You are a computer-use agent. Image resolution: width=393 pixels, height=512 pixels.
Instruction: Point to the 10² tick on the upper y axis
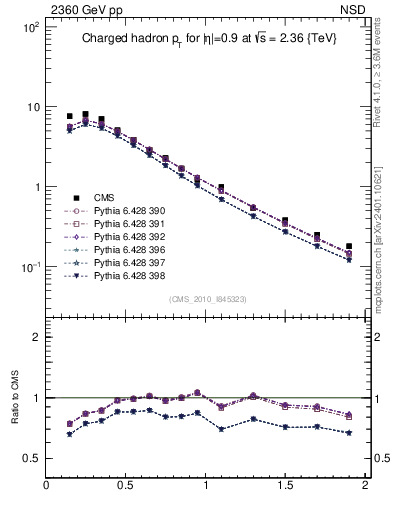point(31,27)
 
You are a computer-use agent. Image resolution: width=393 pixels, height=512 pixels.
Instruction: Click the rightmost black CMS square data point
point(348,246)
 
